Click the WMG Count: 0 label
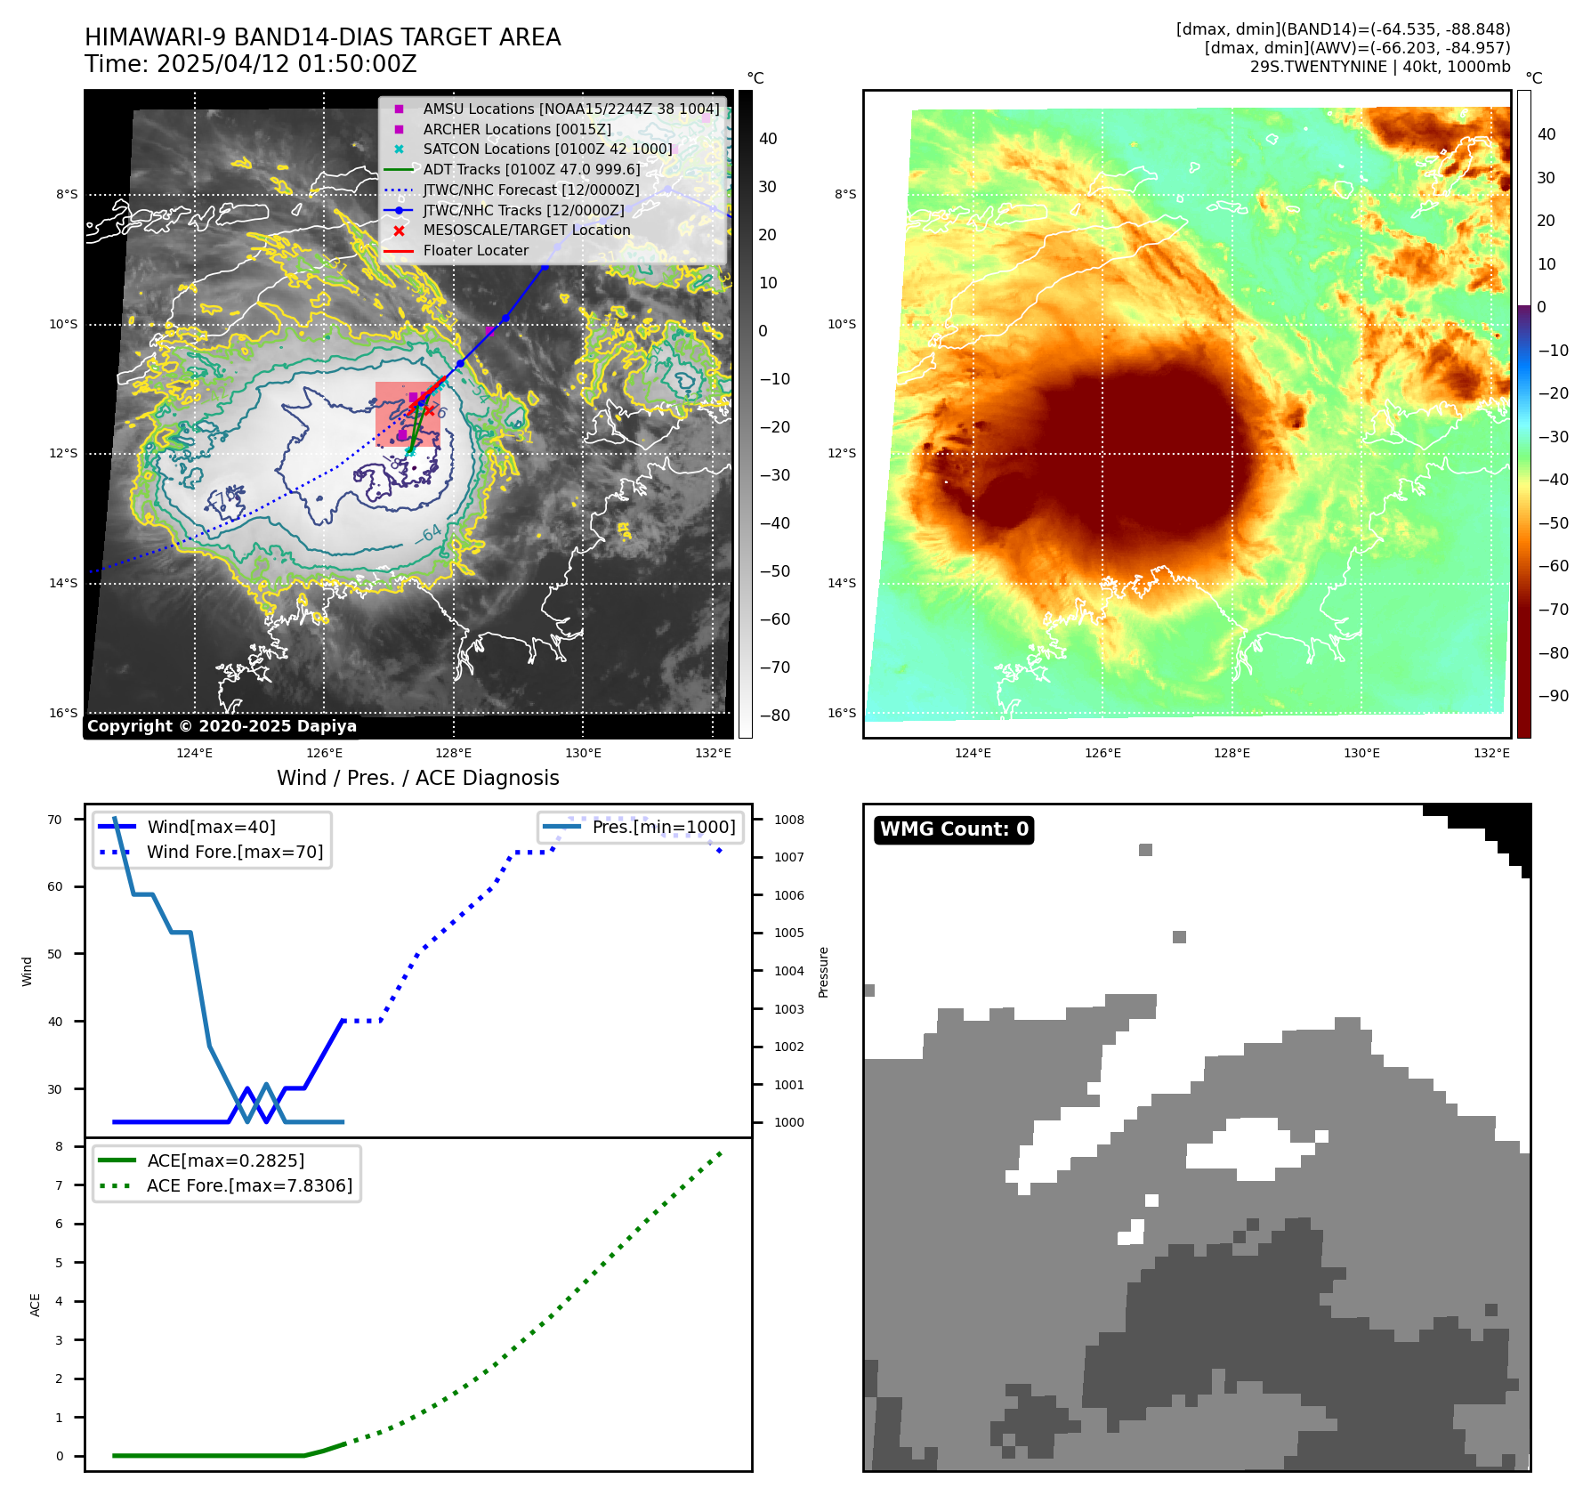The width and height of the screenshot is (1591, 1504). (x=954, y=829)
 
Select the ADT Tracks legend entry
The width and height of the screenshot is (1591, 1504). (x=531, y=169)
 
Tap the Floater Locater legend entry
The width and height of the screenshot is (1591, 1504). (x=475, y=250)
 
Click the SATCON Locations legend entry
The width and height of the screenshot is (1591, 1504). (x=547, y=149)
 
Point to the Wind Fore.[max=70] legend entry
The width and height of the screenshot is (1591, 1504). (x=235, y=852)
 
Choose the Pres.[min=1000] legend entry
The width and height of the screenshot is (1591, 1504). (x=664, y=827)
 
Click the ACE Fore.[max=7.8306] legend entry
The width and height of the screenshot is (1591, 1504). (x=249, y=1185)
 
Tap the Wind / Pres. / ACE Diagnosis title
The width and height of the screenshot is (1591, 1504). (x=417, y=778)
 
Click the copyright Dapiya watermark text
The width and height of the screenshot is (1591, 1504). (x=222, y=726)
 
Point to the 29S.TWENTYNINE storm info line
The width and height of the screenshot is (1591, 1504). (x=1379, y=67)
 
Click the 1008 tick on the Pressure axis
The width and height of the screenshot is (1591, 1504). (x=788, y=820)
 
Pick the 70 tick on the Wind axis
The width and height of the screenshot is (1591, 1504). (x=55, y=820)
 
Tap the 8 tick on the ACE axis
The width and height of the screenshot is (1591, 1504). (x=60, y=1146)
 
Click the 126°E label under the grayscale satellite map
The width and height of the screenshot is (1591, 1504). (x=324, y=753)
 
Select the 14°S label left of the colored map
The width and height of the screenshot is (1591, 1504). (x=842, y=583)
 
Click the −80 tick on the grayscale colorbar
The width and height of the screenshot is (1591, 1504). (x=774, y=716)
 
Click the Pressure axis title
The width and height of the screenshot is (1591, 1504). (x=823, y=972)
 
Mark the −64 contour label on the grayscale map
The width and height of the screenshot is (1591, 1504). (x=428, y=534)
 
